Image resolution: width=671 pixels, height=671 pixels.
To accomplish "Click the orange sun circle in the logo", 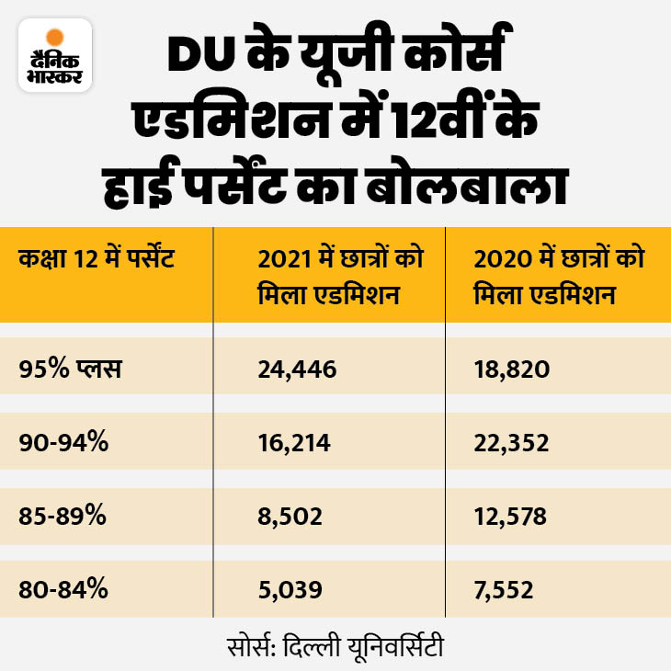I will click(55, 38).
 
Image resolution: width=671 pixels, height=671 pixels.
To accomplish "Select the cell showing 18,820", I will click(513, 370).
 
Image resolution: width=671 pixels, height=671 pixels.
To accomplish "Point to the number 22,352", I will click(513, 443).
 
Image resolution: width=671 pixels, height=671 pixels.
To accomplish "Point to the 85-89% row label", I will click(63, 517).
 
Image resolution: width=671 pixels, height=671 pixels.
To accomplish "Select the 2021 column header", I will click(328, 277).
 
